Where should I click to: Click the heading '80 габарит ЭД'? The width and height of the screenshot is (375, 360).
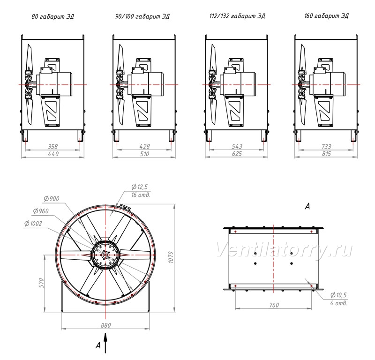(52, 16)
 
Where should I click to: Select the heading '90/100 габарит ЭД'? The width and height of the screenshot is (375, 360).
(142, 16)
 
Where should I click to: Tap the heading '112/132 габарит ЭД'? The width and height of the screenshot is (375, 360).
(237, 16)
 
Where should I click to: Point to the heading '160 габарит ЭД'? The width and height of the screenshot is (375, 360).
(326, 16)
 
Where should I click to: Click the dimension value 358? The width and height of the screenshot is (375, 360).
(52, 146)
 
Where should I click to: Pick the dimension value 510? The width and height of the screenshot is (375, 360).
(144, 154)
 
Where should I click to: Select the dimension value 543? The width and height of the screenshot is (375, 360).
(237, 146)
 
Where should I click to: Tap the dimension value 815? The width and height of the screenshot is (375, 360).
(326, 154)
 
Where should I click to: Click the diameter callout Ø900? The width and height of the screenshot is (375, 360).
(52, 199)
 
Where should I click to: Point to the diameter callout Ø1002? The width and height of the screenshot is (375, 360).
(33, 224)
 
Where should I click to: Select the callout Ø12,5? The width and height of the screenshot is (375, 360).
(139, 187)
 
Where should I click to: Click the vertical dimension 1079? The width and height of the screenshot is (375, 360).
(171, 257)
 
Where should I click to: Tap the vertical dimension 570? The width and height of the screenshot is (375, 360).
(41, 283)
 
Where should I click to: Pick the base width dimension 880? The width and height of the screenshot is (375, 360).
(106, 325)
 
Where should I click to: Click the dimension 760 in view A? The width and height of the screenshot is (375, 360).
(274, 305)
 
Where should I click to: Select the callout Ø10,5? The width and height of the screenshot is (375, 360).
(338, 295)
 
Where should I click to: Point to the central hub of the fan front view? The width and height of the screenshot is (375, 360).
(105, 255)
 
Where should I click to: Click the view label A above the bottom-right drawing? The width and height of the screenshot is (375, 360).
(307, 206)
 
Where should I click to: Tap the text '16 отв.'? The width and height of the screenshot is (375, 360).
(141, 195)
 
